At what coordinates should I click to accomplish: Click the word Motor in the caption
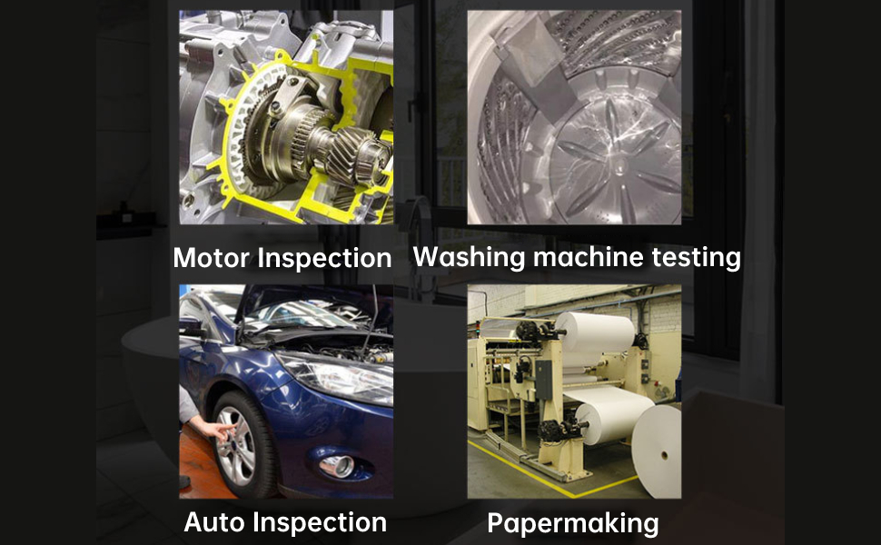[x=212, y=258]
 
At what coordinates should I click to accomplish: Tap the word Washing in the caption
[x=469, y=257]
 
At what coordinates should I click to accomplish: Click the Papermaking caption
[x=572, y=523]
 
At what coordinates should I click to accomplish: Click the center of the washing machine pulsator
[x=619, y=163]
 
